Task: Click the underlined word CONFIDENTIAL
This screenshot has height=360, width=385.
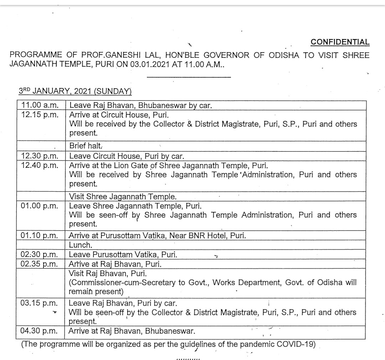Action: [x=340, y=42]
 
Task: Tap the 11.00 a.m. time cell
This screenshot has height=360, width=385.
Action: [x=40, y=105]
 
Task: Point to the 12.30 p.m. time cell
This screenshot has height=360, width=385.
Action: [x=40, y=156]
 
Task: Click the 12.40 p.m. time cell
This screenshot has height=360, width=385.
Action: [x=40, y=166]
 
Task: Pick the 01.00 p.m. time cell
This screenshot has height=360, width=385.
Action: [x=40, y=206]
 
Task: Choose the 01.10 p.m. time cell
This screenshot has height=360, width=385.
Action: [x=40, y=236]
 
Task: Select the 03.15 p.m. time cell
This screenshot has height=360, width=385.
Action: [x=40, y=303]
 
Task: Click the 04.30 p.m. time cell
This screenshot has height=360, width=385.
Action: [x=40, y=331]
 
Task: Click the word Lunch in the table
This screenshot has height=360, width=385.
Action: [x=80, y=245]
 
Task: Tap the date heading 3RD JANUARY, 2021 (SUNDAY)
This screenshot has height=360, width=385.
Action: [x=75, y=91]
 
